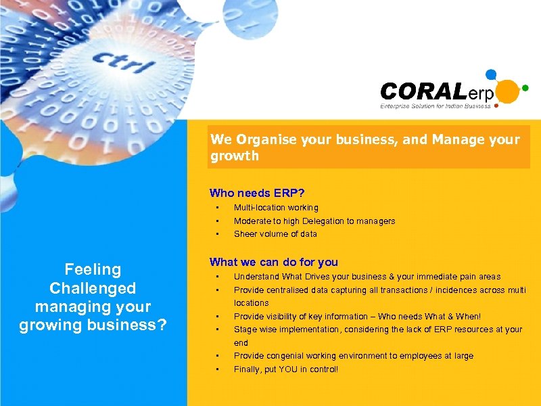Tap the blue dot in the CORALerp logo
pos(492,74)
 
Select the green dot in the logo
pos(525,87)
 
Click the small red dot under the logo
pos(498,106)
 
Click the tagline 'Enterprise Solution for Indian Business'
pos(436,106)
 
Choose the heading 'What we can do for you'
pos(274,262)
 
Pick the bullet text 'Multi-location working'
pos(276,208)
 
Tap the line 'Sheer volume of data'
pos(275,234)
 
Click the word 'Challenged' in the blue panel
pos(93,288)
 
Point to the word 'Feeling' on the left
pos(93,269)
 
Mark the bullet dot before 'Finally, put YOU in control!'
pos(218,369)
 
